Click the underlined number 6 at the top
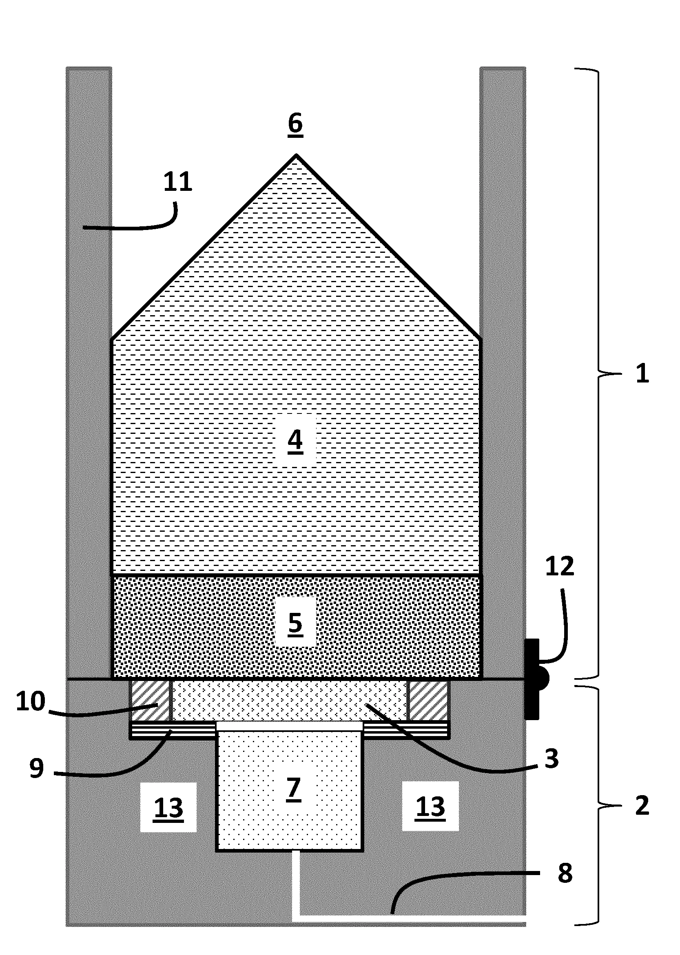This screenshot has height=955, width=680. click(296, 124)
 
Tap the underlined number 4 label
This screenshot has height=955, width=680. click(295, 441)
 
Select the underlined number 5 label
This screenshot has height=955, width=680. click(295, 624)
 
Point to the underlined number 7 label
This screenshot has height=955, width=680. click(294, 789)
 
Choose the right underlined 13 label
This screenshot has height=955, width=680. click(430, 807)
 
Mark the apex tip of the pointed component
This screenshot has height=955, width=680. click(296, 155)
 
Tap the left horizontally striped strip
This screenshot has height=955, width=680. click(173, 730)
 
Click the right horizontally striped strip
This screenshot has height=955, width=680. click(406, 730)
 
